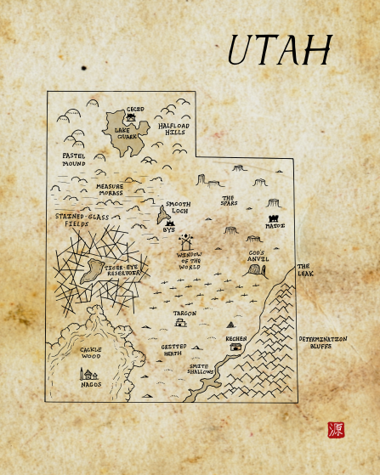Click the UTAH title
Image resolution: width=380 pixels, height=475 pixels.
pos(278,52)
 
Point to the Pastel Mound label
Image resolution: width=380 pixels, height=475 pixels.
pos(74,159)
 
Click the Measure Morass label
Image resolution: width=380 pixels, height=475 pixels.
pos(110,189)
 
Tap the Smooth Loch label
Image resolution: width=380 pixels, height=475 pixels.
pos(178,207)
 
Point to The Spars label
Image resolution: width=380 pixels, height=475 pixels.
pos(230,201)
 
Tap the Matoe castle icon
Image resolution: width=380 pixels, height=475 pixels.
pos(275,216)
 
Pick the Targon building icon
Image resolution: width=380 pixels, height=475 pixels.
pos(179,323)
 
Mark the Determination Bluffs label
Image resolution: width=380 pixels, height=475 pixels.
pos(322,342)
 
